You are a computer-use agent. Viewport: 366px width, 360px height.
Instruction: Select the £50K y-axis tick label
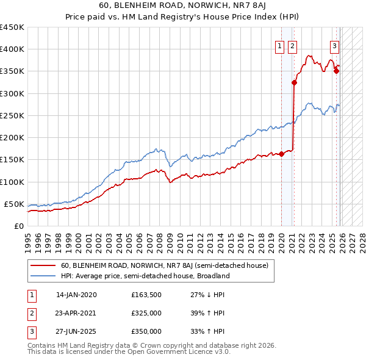tap(14, 204)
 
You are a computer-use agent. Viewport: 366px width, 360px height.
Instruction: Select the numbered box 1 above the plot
tap(279, 46)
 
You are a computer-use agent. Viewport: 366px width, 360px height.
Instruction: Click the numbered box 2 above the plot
tap(292, 46)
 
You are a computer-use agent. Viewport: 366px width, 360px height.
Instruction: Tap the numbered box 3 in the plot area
tap(335, 46)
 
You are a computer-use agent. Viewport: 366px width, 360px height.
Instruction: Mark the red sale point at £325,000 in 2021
tap(294, 83)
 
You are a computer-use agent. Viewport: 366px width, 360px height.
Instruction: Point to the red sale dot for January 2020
tap(281, 154)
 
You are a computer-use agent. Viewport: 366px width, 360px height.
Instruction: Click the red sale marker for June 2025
tap(336, 71)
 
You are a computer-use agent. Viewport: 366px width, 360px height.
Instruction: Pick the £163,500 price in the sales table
tap(146, 294)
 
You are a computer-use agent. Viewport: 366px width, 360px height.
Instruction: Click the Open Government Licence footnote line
tap(129, 352)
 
